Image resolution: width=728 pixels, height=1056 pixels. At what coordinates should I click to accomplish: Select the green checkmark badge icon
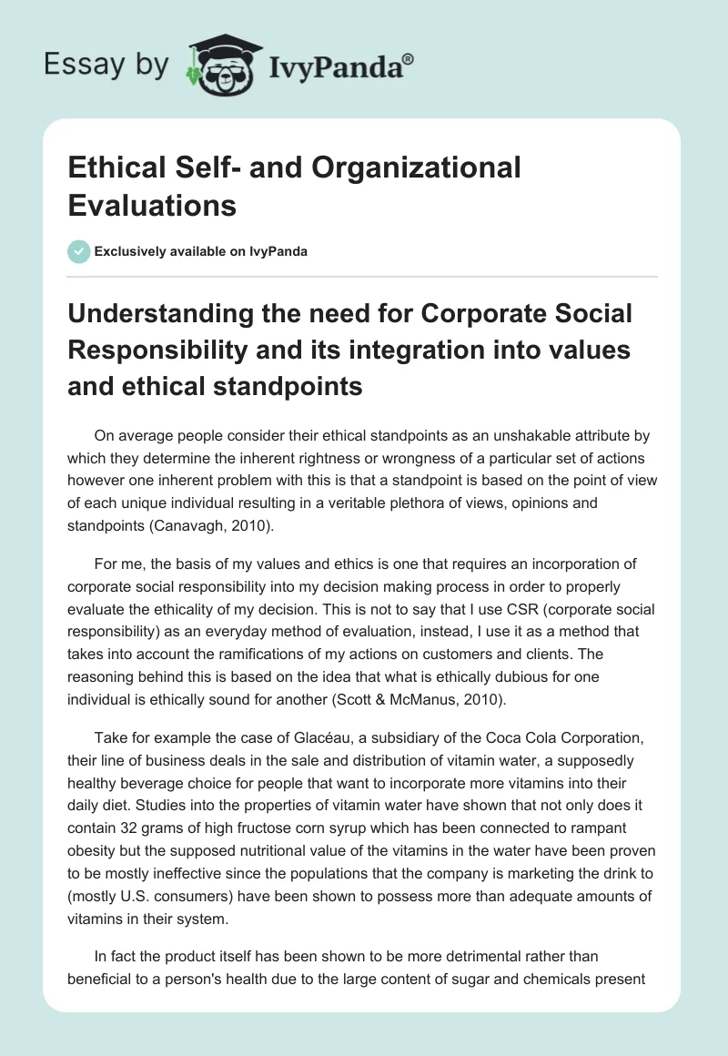(x=78, y=251)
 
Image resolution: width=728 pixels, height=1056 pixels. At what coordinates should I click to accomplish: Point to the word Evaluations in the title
(x=152, y=204)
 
